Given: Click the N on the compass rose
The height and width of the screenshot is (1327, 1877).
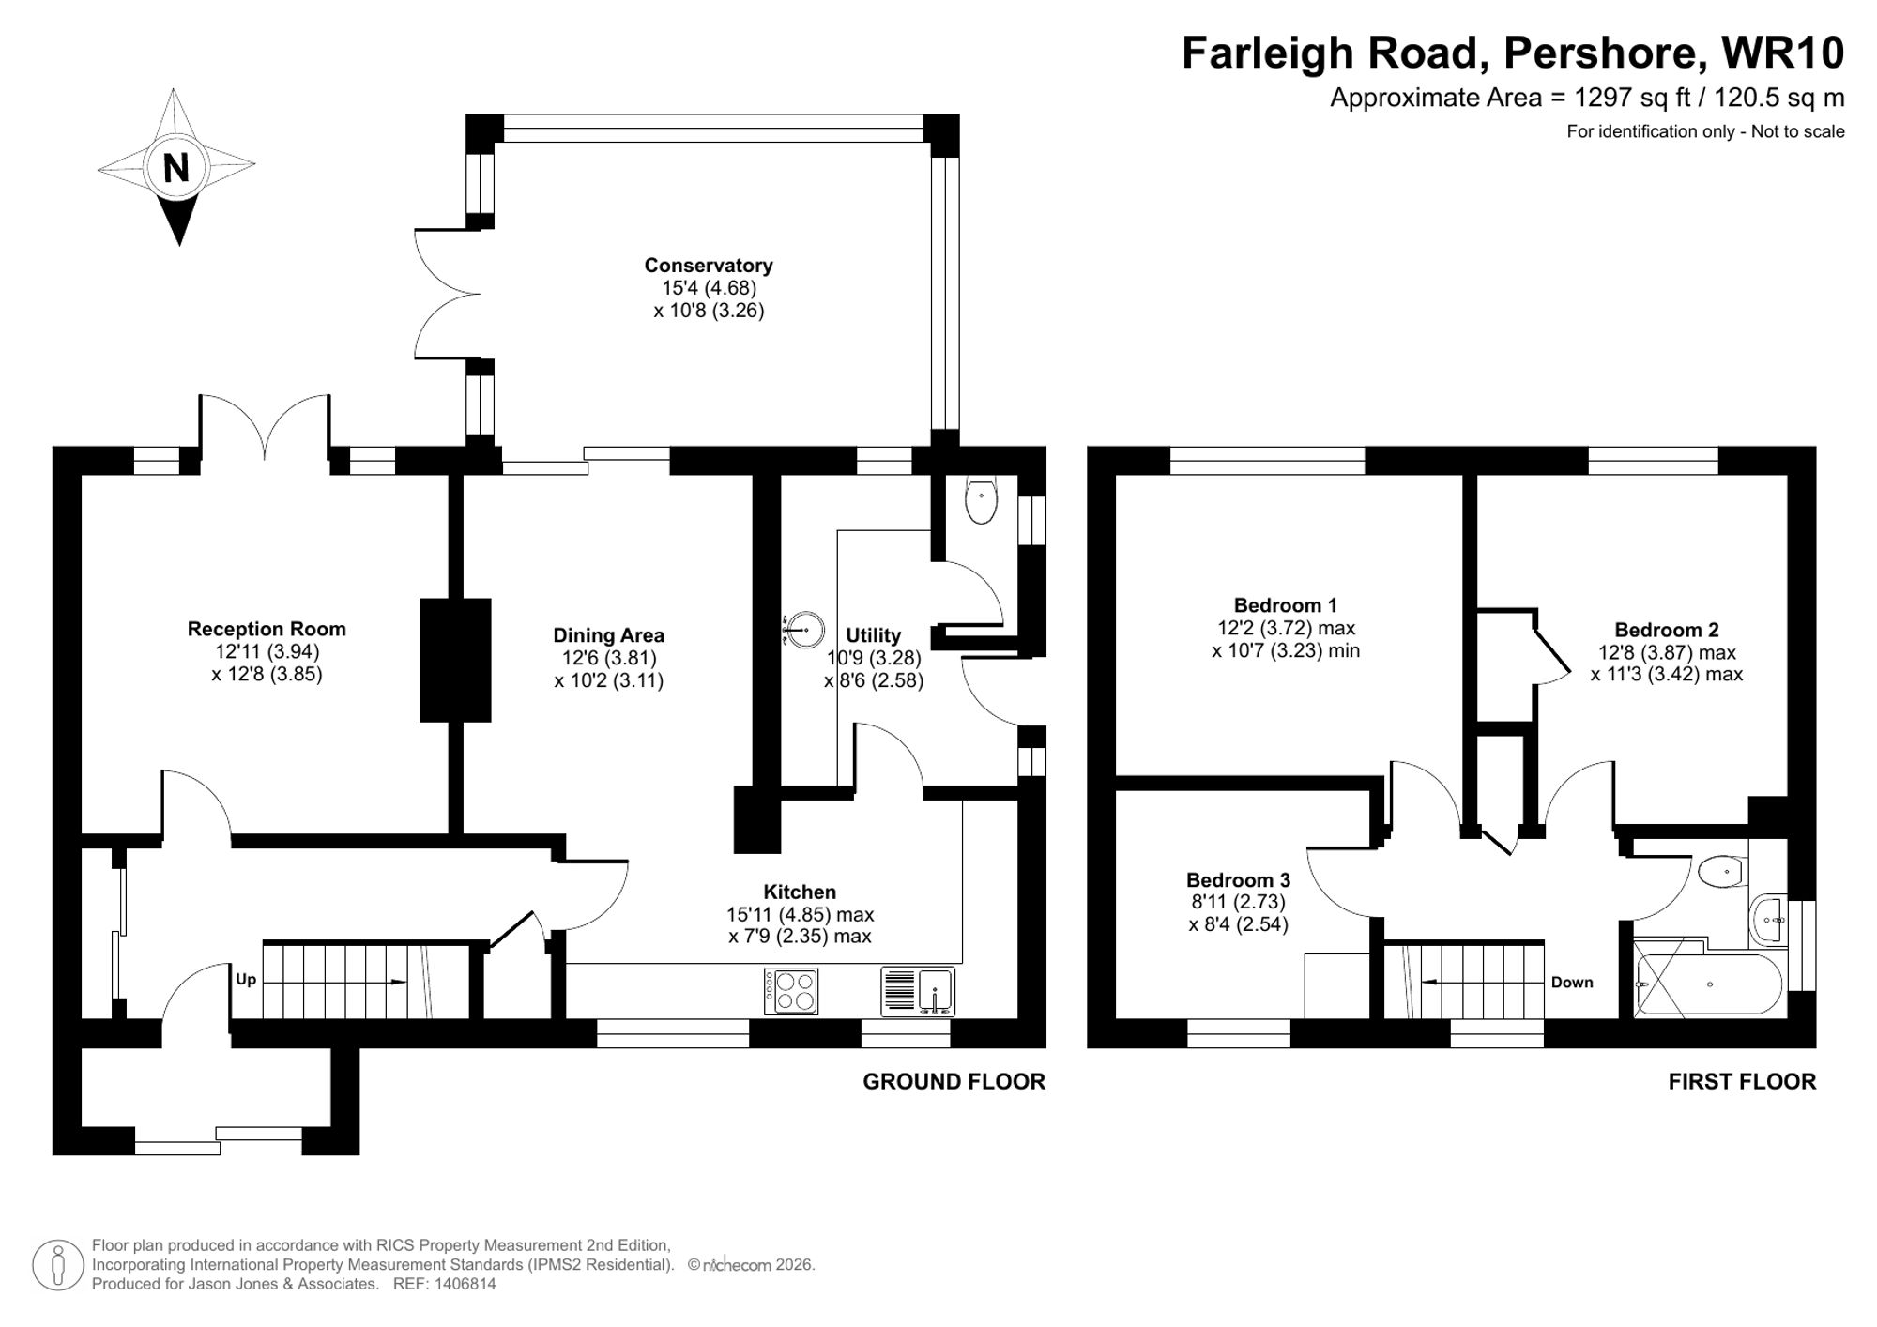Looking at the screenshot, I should (175, 167).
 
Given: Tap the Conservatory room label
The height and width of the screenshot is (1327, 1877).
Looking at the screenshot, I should (709, 266).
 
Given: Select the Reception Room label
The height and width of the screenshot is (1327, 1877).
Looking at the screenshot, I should (267, 629).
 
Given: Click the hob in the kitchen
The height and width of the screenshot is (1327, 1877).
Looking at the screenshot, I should (791, 991).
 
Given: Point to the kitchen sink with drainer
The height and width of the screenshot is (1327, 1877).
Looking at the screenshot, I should (918, 991).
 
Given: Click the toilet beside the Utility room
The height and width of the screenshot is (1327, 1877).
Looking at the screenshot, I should (981, 500).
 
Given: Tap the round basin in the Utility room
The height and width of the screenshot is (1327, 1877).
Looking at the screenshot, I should (804, 629).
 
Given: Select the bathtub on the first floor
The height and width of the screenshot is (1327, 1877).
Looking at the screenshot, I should (1708, 984).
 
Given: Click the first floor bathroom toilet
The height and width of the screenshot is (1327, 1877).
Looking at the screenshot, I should (1721, 872).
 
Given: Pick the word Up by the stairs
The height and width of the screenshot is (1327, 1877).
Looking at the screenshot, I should (246, 980).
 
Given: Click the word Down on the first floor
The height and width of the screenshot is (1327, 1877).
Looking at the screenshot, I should (1572, 983).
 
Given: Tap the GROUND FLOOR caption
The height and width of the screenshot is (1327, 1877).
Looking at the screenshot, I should (954, 1082).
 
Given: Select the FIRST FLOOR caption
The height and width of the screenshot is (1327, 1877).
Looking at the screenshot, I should (1742, 1082).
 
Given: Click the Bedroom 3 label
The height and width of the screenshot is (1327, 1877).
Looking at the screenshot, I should (1238, 880).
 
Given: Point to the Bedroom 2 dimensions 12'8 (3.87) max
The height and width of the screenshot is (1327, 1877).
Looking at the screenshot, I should (1667, 652).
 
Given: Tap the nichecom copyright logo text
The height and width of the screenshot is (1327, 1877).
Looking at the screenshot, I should (737, 1265).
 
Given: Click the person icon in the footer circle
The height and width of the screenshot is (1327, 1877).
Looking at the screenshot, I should (58, 1265).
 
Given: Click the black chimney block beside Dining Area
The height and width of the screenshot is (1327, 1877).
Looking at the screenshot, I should (455, 660).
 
